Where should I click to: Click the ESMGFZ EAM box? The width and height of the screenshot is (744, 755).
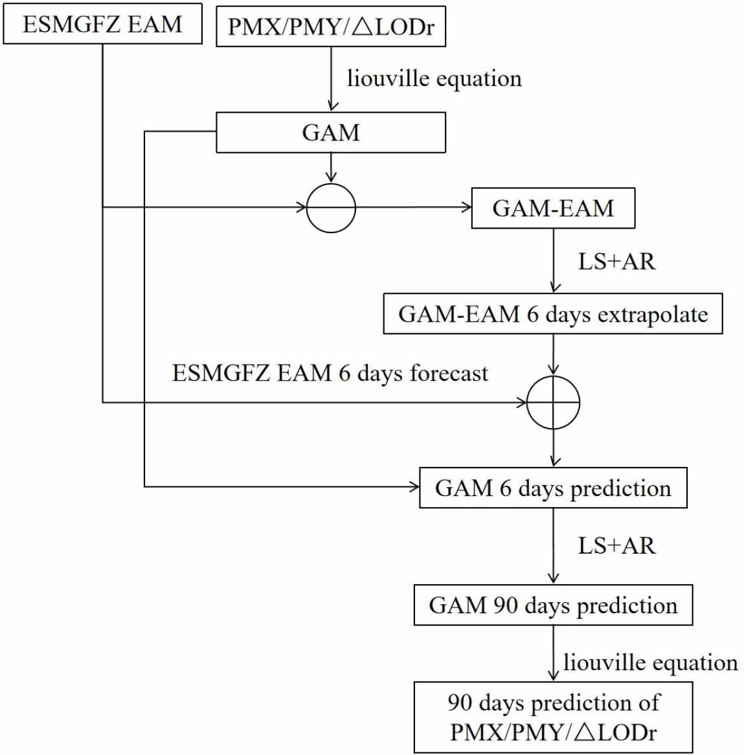[102, 24]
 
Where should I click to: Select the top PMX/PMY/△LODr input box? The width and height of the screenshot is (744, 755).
[330, 27]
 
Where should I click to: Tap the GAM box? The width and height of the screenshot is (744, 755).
[330, 132]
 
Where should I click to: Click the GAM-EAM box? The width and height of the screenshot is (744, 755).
[553, 208]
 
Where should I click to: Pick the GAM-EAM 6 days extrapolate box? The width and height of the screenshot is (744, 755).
[553, 314]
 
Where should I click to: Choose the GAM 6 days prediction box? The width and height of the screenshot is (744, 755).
[553, 488]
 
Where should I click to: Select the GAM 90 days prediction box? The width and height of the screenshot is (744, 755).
[553, 605]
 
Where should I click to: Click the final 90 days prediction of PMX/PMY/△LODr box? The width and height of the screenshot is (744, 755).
[553, 717]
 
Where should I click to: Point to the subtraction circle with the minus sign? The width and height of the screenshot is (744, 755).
[331, 208]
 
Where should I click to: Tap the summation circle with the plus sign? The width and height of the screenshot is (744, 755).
[553, 402]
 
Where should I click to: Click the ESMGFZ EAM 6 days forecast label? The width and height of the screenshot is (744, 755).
[330, 374]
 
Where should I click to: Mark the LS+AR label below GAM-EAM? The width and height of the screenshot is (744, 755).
[616, 261]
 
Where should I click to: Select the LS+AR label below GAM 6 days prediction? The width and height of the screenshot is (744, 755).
[616, 545]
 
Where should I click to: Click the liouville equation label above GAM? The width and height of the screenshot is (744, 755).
[434, 78]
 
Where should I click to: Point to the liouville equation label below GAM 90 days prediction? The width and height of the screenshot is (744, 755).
[650, 662]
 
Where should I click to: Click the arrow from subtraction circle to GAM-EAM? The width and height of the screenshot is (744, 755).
[414, 207]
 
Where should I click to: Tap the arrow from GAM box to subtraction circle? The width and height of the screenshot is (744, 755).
[331, 168]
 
